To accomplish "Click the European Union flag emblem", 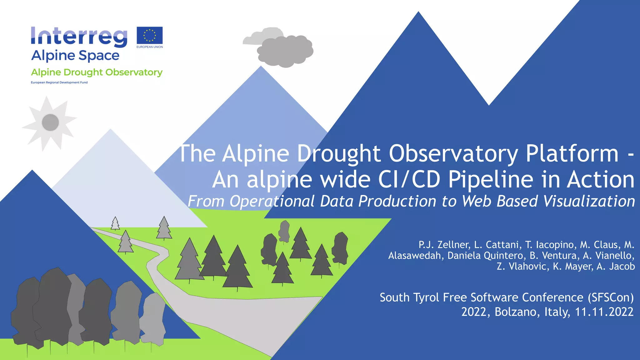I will [150, 35].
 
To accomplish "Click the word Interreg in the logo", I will [79, 37].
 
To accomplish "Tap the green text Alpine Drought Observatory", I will [97, 72].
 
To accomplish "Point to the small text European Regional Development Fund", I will [59, 82].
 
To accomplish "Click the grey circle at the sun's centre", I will [50, 122].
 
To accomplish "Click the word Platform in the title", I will [572, 154].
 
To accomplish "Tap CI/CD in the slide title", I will [409, 180].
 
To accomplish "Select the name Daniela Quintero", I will [485, 256].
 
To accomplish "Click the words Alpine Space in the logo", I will [75, 56].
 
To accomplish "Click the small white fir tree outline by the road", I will [115, 223].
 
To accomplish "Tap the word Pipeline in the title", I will [491, 180].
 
